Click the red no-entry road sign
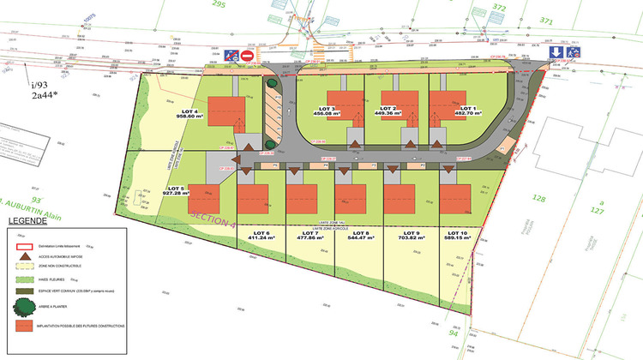(248, 57)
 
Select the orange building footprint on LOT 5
(204, 198)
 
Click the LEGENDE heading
(28, 221)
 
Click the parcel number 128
(538, 198)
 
